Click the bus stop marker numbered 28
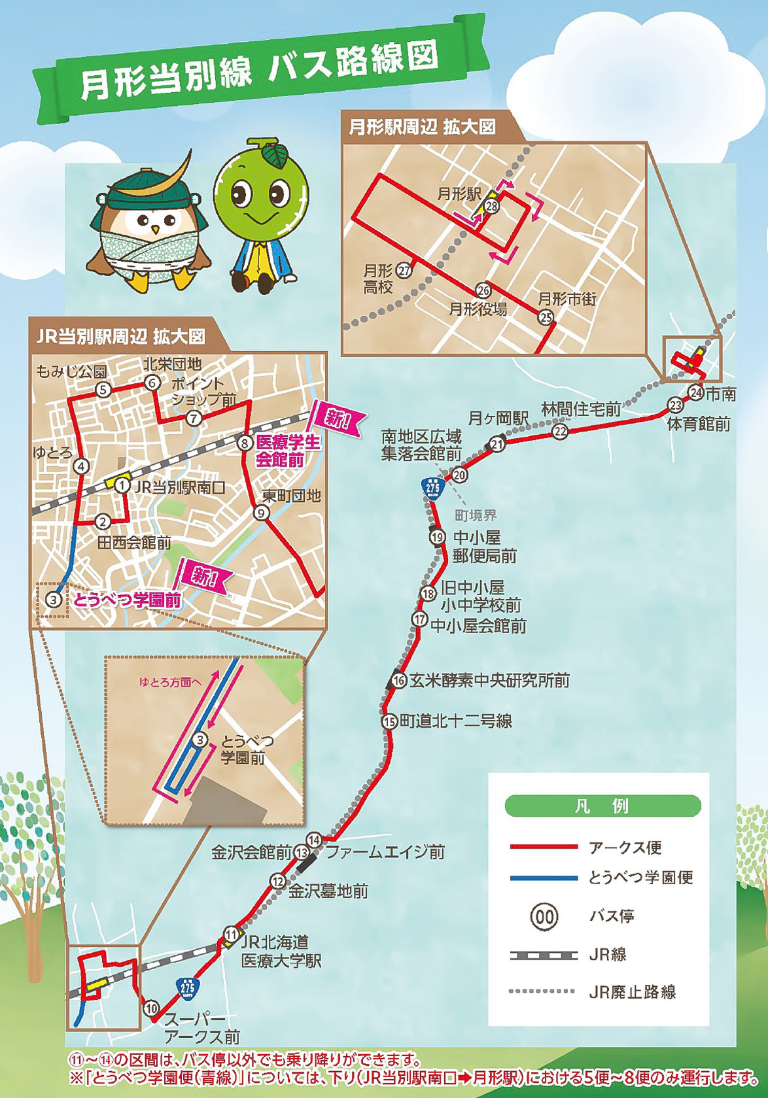491,207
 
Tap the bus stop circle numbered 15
390,721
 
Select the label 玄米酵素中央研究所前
489,681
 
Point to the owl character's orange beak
155,230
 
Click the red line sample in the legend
544,847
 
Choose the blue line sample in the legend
544,878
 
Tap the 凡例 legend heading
602,806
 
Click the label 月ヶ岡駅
498,419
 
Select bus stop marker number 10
152,1008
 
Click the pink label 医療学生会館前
288,451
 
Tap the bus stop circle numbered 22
560,432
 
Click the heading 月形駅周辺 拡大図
422,127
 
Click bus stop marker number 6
152,383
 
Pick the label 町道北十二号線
456,721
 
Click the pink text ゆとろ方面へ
169,682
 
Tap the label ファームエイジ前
385,851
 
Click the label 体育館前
699,424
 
